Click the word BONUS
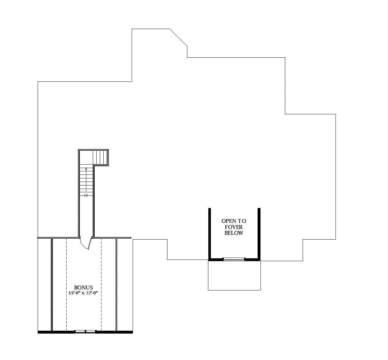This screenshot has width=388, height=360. pyautogui.click(x=83, y=288)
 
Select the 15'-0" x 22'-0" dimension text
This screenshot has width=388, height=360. pyautogui.click(x=83, y=293)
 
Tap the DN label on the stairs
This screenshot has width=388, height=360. pyautogui.click(x=86, y=195)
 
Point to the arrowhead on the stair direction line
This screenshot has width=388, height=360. pyautogui.click(x=86, y=169)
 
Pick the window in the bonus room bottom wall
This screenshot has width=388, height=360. pyautogui.click(x=85, y=331)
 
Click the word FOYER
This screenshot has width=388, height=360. pyautogui.click(x=234, y=227)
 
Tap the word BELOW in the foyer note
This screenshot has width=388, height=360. pyautogui.click(x=234, y=233)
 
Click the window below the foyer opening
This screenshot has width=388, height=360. pyautogui.click(x=234, y=259)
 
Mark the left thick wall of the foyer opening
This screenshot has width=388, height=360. pyautogui.click(x=210, y=233)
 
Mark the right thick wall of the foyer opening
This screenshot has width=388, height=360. pyautogui.click(x=259, y=233)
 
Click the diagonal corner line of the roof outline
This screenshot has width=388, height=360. pyautogui.click(x=179, y=37)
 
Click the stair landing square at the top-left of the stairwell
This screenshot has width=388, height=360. pyautogui.click(x=86, y=157)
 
